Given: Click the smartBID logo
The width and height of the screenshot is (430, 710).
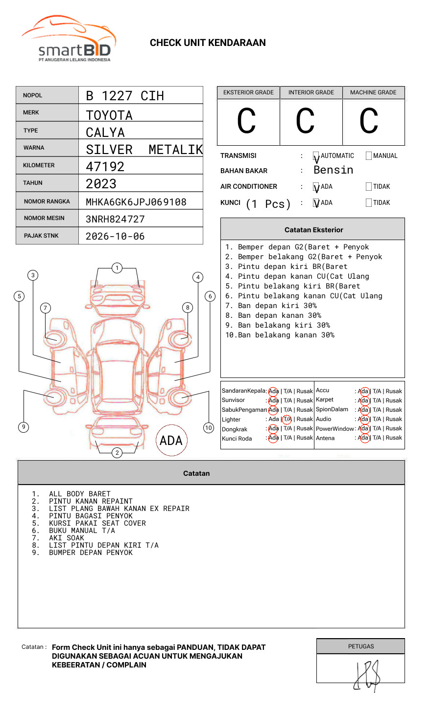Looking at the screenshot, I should pos(69,39).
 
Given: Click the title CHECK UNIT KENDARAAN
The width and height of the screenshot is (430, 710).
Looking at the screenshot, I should pos(208,43).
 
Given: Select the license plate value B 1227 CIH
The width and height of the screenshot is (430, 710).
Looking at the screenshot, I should pos(125,96).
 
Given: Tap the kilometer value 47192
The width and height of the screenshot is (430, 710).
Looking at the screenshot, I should pos(105,167).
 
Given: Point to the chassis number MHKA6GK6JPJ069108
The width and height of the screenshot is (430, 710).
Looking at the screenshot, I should pos(136,202).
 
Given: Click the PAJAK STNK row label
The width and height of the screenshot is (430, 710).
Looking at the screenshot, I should pos(41,236).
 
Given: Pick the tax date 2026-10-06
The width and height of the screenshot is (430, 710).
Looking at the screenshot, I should pos(115,236).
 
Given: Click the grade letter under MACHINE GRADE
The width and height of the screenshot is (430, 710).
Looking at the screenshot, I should pos(368,121).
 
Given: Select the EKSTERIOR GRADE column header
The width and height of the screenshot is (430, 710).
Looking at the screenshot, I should pos(248,92).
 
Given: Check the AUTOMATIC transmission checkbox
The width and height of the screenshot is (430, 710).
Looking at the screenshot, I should pos(316,156).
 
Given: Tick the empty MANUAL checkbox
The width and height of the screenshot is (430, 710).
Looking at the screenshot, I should pos(369,156).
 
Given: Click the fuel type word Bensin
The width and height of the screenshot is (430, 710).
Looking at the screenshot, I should pos(333,170).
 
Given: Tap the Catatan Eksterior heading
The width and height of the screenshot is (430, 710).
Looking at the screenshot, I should pos(313,230).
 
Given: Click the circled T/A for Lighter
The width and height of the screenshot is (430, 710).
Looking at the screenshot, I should pos(287,419).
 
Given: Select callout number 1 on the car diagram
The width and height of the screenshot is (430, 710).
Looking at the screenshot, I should pos(117,268).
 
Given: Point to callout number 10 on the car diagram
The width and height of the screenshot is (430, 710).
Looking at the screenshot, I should pos(209,428).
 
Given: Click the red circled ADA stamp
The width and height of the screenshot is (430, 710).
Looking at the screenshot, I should pos(171,440).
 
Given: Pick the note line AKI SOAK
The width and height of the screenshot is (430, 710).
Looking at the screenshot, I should pos(67,538).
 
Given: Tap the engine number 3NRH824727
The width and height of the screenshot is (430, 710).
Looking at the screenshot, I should pos(115,219).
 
